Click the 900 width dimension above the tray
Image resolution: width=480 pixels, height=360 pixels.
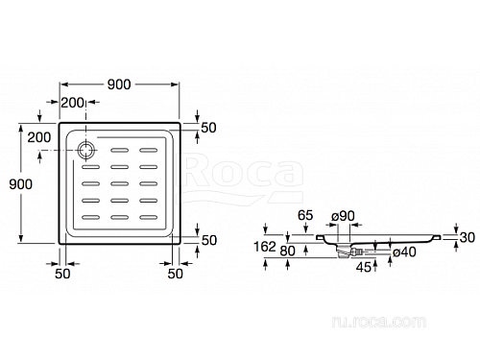(x=119, y=84)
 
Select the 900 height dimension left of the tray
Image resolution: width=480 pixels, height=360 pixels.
(x=21, y=184)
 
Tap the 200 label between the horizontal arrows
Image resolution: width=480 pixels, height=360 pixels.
(x=73, y=103)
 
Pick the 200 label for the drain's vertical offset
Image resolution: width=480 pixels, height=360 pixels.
(x=39, y=137)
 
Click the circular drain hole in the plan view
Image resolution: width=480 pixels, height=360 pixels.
(x=86, y=150)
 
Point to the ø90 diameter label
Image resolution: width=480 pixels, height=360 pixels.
(x=343, y=216)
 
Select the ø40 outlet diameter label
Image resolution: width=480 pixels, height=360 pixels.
(x=404, y=252)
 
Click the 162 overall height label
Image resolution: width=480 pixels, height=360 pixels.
(x=265, y=247)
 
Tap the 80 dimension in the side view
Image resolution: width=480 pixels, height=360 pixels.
(x=287, y=252)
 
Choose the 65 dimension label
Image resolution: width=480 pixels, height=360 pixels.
(x=305, y=215)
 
